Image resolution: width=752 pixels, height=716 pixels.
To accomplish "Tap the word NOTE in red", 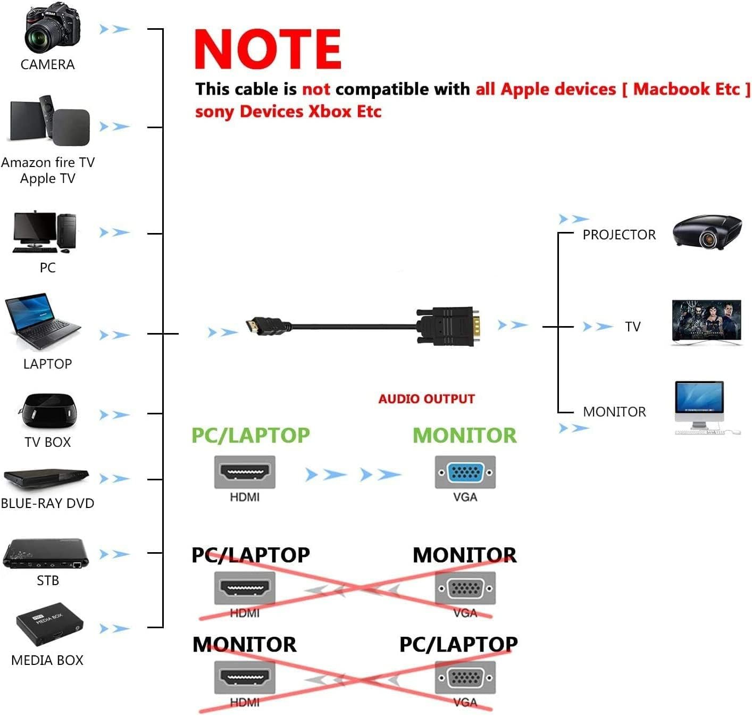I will [x=268, y=49].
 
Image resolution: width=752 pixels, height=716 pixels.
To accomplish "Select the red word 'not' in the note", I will [x=316, y=89].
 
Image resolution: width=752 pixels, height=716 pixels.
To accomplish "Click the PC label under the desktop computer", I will [x=47, y=268].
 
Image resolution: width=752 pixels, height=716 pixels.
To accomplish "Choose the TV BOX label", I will [x=47, y=442].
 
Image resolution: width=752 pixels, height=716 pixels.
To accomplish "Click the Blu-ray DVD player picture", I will [x=46, y=478].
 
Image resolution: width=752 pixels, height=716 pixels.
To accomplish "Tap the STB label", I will [x=47, y=580].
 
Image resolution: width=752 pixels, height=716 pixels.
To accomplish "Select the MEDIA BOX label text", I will [x=47, y=660].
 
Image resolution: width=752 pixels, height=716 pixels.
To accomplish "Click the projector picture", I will [x=707, y=232].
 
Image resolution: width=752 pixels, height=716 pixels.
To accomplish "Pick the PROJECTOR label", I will [x=619, y=235].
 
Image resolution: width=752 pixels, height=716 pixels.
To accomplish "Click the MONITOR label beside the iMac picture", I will [x=614, y=412].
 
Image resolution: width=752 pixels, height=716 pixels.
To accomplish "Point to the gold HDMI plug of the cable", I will [x=256, y=326].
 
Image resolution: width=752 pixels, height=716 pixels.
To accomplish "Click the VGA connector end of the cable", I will [x=449, y=326].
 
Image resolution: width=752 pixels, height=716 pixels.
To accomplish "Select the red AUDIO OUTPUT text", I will [x=427, y=399].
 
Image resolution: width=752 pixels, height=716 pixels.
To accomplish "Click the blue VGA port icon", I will [x=465, y=472].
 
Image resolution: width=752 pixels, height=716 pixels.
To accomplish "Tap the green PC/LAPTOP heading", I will [x=250, y=435].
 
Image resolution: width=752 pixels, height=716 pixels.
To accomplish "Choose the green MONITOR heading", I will [x=464, y=435].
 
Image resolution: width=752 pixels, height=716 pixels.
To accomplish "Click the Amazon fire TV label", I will [x=47, y=162].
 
